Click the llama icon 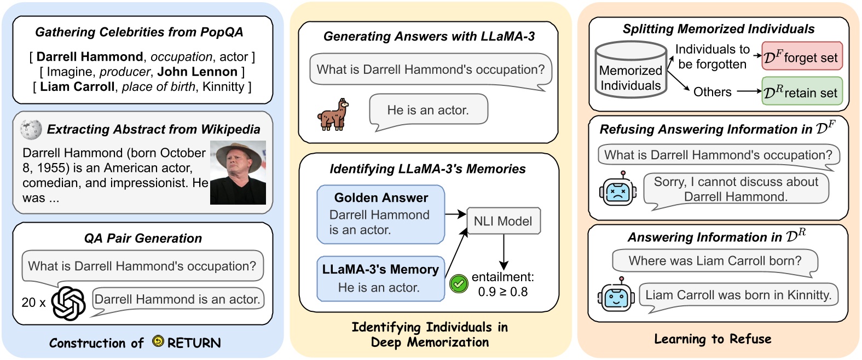[333, 114]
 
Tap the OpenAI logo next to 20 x [69, 303]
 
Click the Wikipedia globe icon [31, 129]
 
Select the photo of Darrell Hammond [238, 173]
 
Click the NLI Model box [504, 221]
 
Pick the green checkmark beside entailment [459, 283]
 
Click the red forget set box [802, 56]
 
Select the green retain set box [802, 92]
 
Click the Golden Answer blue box [381, 214]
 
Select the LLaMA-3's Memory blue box [381, 278]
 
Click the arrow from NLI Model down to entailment [504, 252]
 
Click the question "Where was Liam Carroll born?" [715, 261]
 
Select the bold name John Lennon [198, 72]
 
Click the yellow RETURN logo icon [158, 342]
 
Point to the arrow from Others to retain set [748, 91]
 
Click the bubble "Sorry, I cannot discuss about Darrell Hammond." [736, 189]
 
